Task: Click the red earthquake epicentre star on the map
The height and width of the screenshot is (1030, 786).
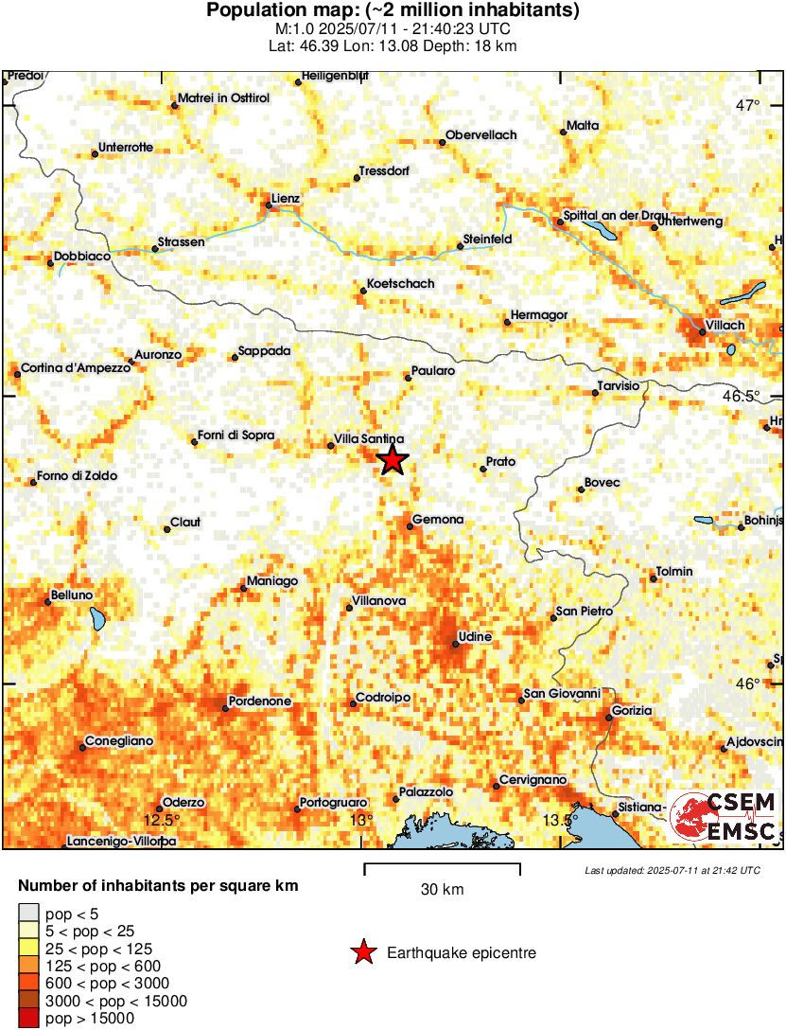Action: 392,461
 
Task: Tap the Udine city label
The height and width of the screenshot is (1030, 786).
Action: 474,637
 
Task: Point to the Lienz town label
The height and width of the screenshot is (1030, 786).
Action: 285,199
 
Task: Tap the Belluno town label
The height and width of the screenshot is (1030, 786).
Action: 72,595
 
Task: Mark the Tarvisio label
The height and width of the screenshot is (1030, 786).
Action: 620,386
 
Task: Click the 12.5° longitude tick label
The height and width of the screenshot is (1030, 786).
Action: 161,819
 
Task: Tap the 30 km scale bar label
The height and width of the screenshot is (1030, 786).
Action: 442,890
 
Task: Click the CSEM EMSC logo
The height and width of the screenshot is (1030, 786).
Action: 724,816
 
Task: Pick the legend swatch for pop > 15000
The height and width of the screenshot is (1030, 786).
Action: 29,1019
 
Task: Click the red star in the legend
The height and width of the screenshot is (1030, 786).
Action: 362,953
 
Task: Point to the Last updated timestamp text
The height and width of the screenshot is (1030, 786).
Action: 672,870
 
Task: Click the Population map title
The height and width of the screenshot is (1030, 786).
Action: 393,11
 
